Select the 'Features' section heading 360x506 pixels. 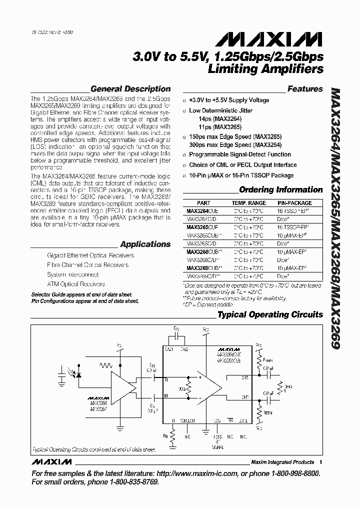(305, 89)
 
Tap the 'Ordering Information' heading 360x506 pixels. (281, 189)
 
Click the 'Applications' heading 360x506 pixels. (145, 244)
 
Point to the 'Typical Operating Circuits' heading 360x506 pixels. (269, 314)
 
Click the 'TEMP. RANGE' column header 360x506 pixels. (248, 203)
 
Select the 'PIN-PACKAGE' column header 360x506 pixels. (294, 203)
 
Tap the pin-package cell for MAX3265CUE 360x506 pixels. (294, 227)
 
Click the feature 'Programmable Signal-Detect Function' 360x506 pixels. (240, 154)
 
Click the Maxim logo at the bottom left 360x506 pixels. (51, 462)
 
